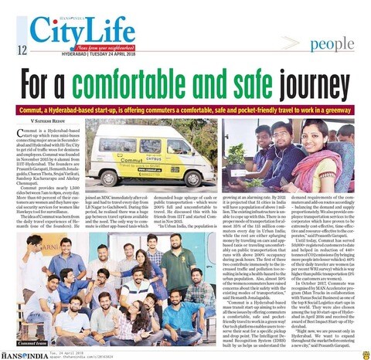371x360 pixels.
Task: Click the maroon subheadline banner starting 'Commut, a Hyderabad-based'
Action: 185,106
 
